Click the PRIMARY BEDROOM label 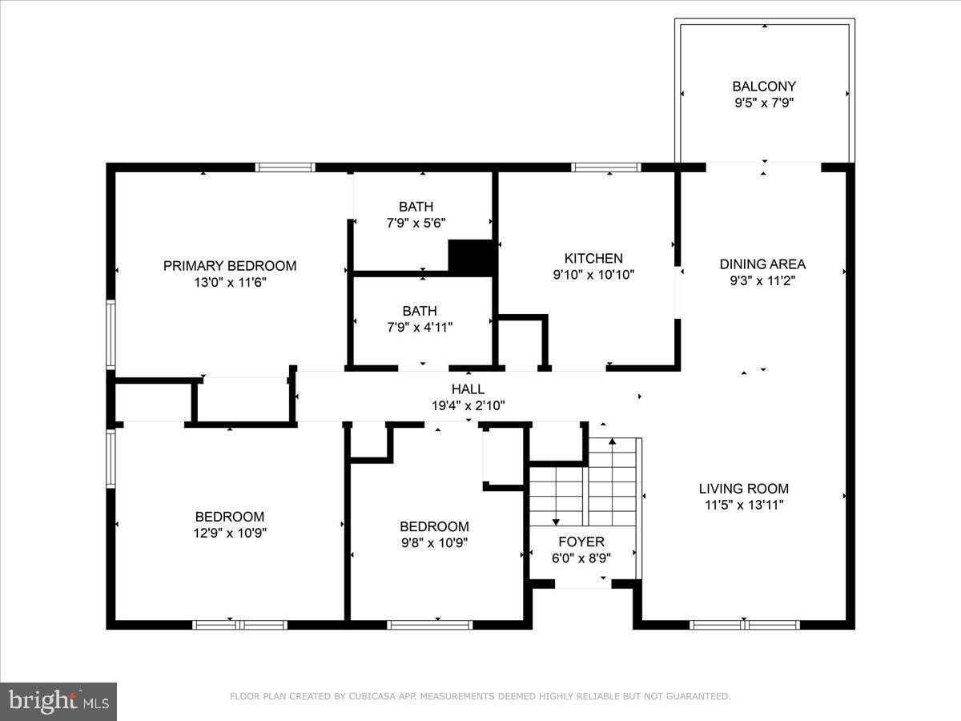coord(230,266)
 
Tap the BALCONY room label coord(764,87)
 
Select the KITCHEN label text coord(593,259)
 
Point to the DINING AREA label coord(762,264)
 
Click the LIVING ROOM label coord(743,489)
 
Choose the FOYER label coord(581,542)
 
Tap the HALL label coord(468,389)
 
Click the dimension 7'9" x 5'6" coord(416,224)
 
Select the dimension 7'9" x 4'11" coord(420,327)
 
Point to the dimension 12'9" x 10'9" coord(230,533)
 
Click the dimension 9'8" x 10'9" coord(434,542)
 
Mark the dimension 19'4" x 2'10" coord(468,406)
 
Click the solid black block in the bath coord(472,257)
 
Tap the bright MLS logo coord(58,702)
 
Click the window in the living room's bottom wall coord(745,624)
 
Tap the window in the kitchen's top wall coord(606,167)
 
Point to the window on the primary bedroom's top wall coord(285,167)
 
